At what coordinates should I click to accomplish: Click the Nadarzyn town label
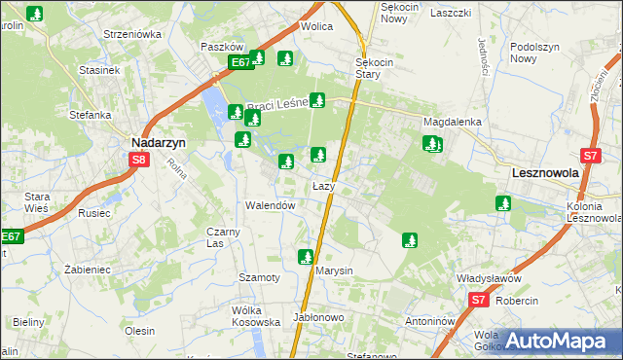pyautogui.click(x=158, y=140)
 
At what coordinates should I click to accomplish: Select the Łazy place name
pyautogui.click(x=324, y=186)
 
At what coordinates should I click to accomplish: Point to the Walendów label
pyautogui.click(x=270, y=206)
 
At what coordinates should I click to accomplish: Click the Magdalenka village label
pyautogui.click(x=453, y=123)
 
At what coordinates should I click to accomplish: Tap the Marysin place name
pyautogui.click(x=333, y=270)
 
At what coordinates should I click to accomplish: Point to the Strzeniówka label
pyautogui.click(x=131, y=34)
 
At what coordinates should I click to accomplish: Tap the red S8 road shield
pyautogui.click(x=139, y=161)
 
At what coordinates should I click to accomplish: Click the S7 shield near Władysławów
pyautogui.click(x=478, y=301)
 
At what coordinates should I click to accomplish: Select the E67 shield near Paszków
pyautogui.click(x=240, y=63)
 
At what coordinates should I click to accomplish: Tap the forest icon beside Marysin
pyautogui.click(x=305, y=257)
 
